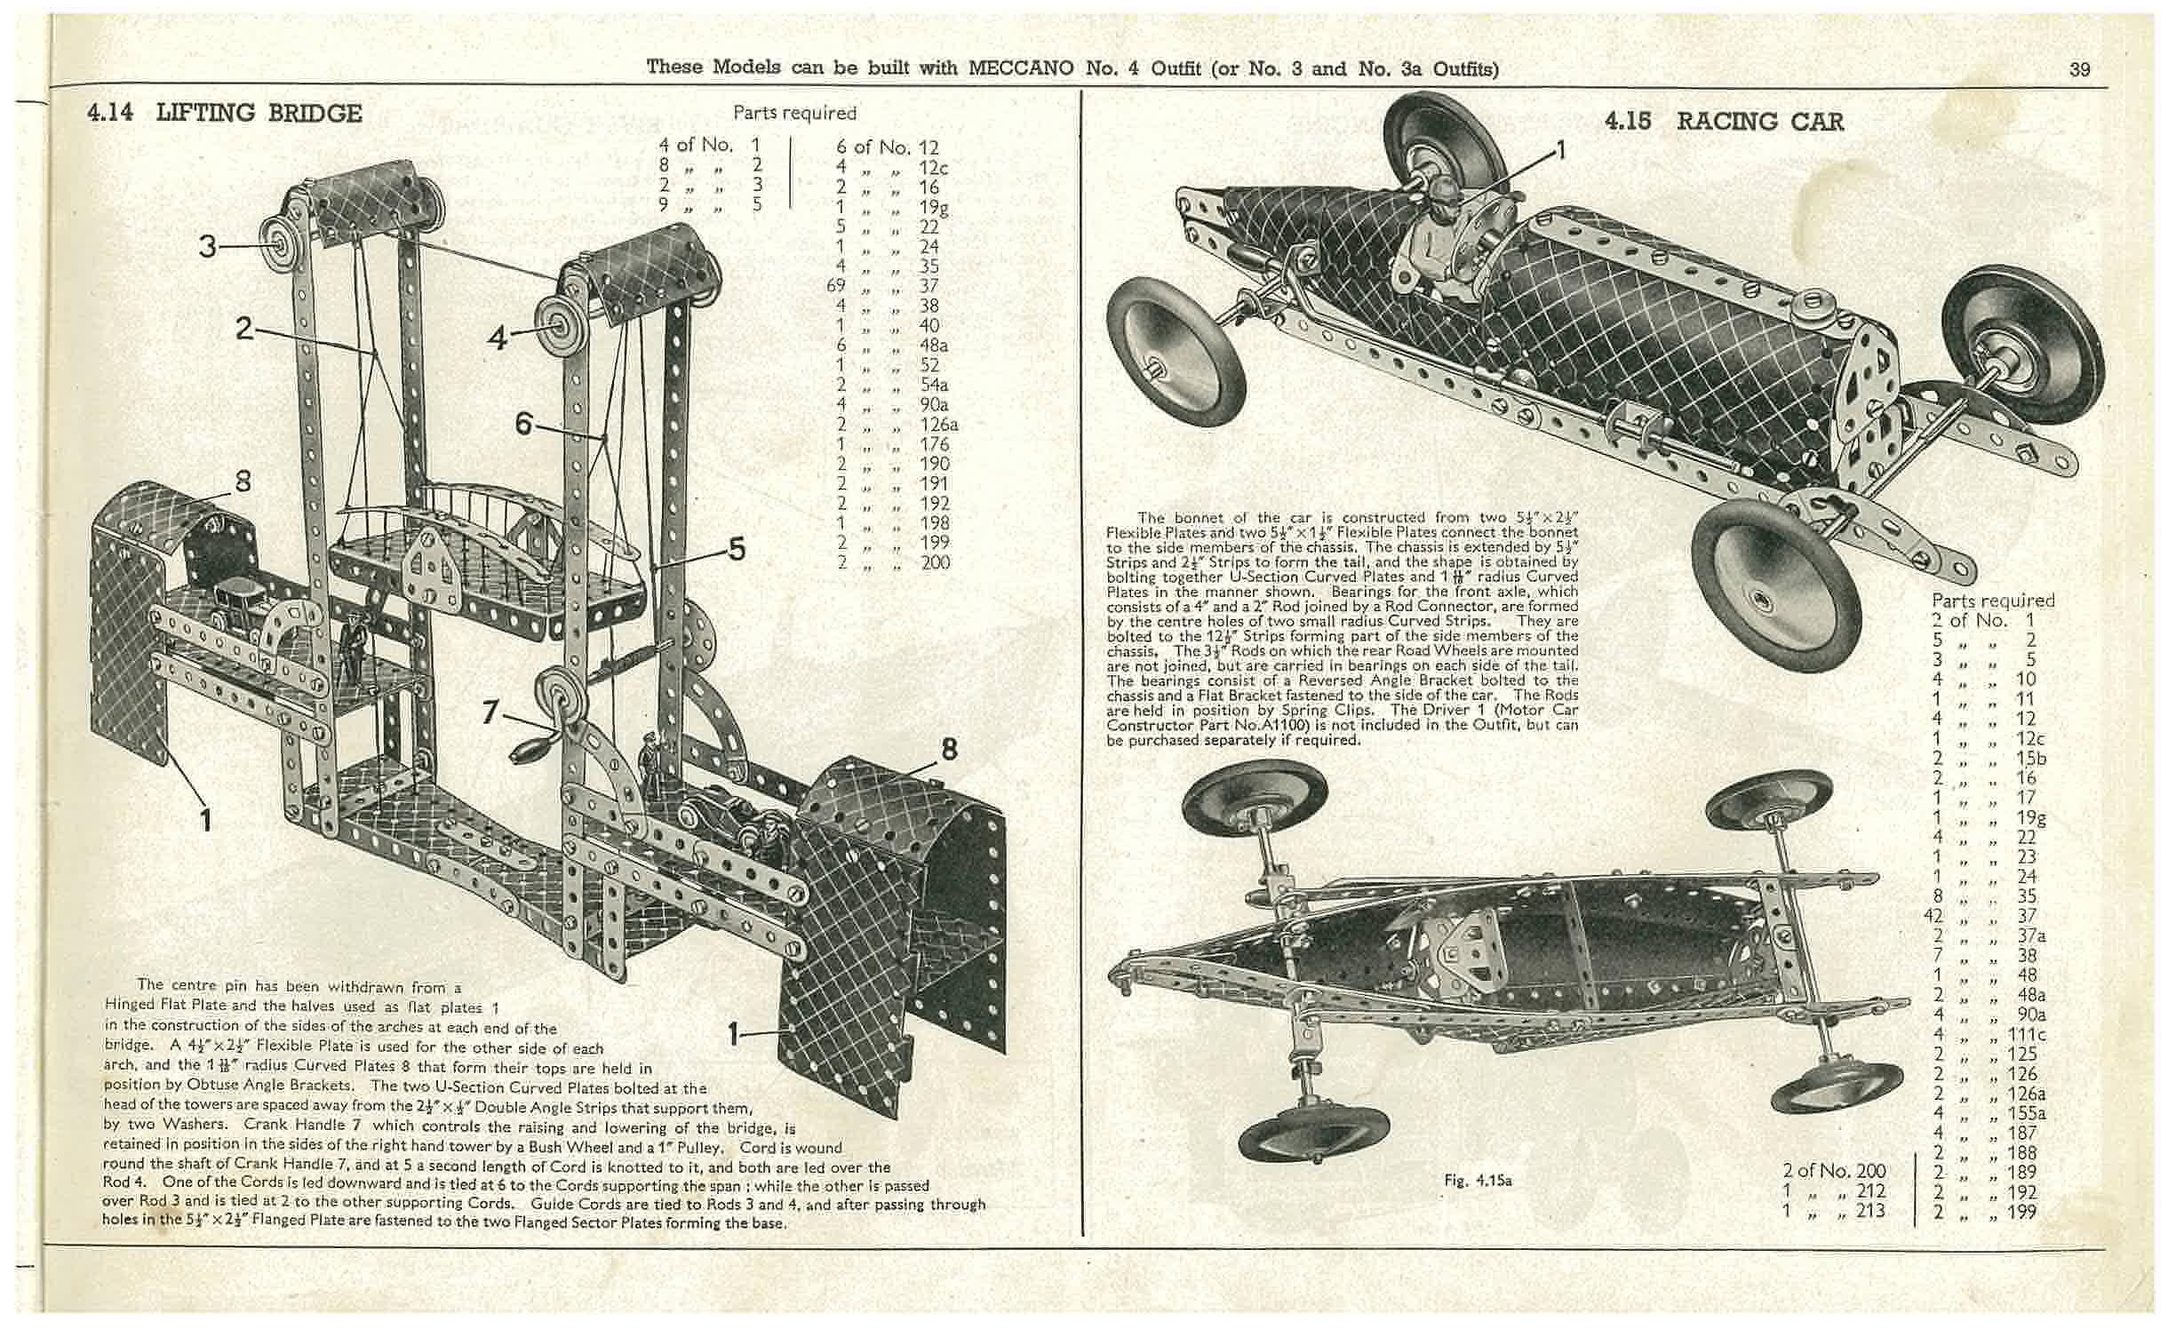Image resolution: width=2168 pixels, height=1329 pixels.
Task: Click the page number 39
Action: click(x=2080, y=69)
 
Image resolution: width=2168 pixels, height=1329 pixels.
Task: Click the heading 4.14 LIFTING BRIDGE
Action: click(x=224, y=114)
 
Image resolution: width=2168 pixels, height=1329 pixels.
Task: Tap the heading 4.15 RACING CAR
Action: click(x=1724, y=122)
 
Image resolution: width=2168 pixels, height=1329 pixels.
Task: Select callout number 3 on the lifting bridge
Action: click(x=207, y=245)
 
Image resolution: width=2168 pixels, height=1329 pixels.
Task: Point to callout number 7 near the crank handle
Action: click(x=490, y=712)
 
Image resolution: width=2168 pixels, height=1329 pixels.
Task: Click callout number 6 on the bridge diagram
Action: click(x=524, y=425)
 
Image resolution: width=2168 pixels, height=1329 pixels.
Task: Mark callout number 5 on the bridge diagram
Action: click(x=737, y=550)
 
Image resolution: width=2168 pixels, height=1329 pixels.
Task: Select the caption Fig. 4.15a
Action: click(x=1478, y=1181)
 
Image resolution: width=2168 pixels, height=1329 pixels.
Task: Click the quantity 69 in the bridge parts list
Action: click(x=837, y=286)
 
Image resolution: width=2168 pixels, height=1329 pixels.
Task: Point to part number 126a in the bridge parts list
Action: click(x=939, y=425)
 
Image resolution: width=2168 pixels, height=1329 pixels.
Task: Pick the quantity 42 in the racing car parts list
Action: click(x=1942, y=916)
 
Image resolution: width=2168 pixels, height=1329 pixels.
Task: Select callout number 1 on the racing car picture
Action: click(x=1561, y=148)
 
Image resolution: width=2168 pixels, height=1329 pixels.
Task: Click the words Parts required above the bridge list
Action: click(x=794, y=113)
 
